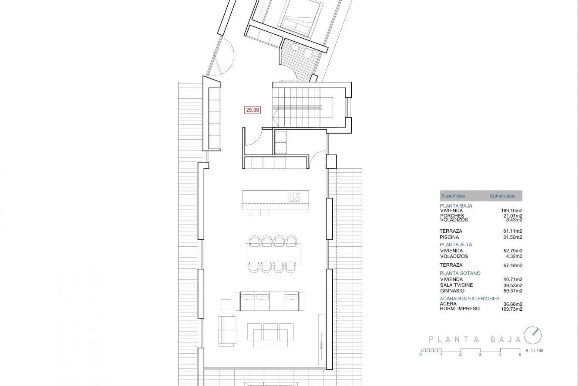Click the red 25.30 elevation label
[x=252, y=110]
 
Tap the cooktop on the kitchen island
[x=295, y=197]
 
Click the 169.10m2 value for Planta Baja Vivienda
[x=511, y=211]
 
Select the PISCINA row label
[x=449, y=237]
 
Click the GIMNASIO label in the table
[x=452, y=291]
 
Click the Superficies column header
[x=453, y=196]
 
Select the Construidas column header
[x=502, y=196]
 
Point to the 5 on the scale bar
[x=520, y=355]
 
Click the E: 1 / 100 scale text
[x=534, y=350]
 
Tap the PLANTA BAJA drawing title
[x=475, y=339]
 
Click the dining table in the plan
[x=273, y=254]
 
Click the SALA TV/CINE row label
[x=456, y=285]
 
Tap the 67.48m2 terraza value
[x=511, y=265]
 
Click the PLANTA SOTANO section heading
[x=460, y=273]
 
